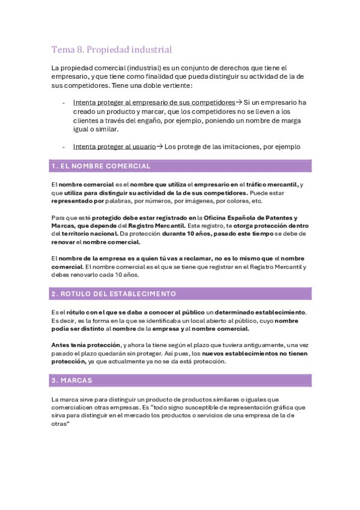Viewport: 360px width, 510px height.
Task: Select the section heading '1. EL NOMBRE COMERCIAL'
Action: (101, 166)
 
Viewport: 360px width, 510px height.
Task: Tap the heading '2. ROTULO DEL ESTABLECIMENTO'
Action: (114, 294)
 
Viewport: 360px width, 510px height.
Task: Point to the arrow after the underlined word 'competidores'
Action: (239, 102)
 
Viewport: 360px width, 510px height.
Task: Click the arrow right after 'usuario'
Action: (159, 146)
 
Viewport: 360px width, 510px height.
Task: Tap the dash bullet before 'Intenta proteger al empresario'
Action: (64, 102)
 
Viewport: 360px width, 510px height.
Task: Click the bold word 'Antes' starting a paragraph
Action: (62, 345)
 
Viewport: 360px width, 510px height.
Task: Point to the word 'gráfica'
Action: (268, 407)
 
